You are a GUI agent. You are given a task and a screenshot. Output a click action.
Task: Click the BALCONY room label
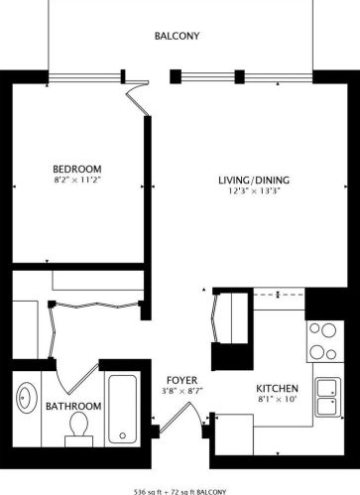(x=177, y=36)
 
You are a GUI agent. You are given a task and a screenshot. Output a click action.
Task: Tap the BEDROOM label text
(x=77, y=169)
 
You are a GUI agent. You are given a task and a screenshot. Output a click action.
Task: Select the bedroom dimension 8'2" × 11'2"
(x=76, y=180)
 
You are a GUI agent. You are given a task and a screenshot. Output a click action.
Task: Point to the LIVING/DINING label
(x=254, y=180)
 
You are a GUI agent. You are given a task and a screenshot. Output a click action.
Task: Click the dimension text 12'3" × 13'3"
(x=254, y=190)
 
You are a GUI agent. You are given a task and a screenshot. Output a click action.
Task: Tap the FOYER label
(x=181, y=380)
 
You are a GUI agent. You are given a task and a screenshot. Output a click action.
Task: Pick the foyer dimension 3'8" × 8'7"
(x=181, y=391)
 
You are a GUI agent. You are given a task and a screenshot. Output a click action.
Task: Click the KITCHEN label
(x=278, y=388)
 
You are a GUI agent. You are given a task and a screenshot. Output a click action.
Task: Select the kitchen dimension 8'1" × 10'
(x=278, y=399)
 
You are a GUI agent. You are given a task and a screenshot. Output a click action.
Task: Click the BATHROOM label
(x=73, y=406)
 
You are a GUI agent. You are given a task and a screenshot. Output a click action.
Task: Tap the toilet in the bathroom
(x=78, y=430)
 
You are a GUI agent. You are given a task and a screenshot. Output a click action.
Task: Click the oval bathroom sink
(x=27, y=398)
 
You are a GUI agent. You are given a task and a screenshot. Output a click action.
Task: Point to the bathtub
(x=122, y=410)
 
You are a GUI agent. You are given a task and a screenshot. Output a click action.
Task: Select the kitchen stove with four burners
(x=325, y=341)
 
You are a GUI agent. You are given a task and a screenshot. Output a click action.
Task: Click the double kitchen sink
(x=327, y=397)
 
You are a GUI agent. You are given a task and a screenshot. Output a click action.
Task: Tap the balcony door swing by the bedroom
(x=138, y=97)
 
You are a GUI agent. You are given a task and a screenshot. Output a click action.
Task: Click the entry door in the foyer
(x=180, y=418)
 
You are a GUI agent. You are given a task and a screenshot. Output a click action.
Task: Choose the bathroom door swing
(x=76, y=378)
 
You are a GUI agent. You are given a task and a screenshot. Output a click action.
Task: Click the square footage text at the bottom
(x=180, y=492)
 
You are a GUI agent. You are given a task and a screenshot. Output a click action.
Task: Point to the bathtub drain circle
(x=123, y=435)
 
